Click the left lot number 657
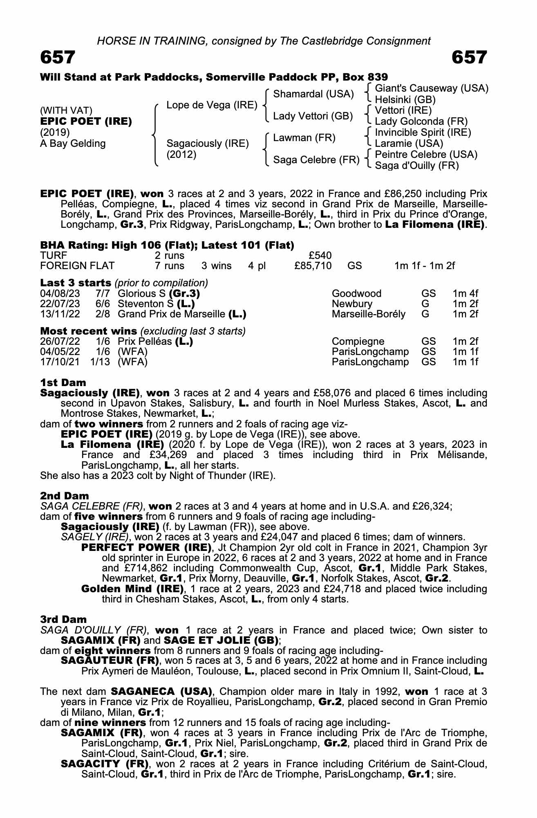coord(58,58)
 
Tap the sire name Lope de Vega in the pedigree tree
coord(212,105)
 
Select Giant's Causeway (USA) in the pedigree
coord(432,88)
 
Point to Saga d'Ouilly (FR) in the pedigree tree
coord(416,166)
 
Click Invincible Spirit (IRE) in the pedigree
coord(423,133)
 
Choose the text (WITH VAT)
coord(66,110)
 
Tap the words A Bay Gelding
coord(73,144)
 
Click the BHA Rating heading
coord(167,245)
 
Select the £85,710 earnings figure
coord(313,266)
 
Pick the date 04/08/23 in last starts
coord(60,294)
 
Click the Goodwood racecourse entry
coord(356,294)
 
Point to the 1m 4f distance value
coord(465,294)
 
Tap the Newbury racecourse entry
coord(352,304)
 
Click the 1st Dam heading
coord(63,383)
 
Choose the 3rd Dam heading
coord(63,620)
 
